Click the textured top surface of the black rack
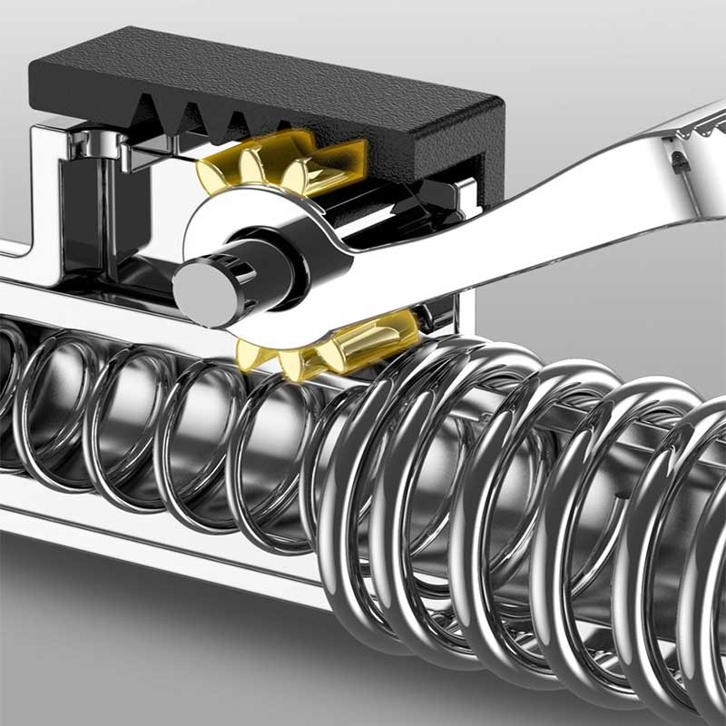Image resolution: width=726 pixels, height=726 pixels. [272, 68]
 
